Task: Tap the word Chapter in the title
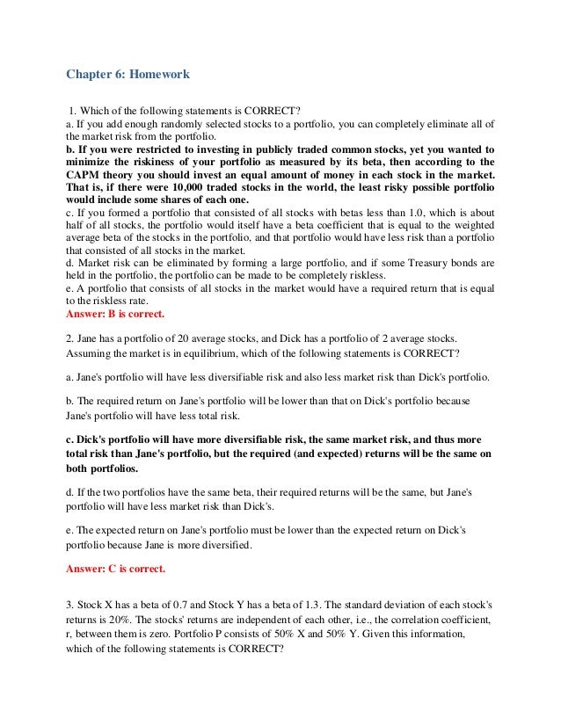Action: click(x=90, y=75)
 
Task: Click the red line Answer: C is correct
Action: click(x=115, y=568)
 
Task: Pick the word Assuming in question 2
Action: click(x=91, y=354)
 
